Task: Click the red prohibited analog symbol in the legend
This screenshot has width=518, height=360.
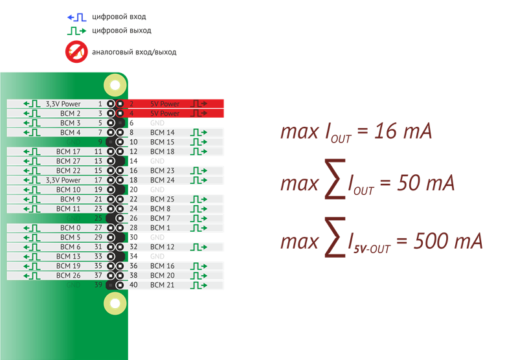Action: (x=76, y=52)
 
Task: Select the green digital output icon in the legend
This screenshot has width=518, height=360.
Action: (x=77, y=30)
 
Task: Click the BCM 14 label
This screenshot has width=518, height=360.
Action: (x=162, y=132)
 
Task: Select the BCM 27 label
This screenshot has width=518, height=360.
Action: (x=68, y=161)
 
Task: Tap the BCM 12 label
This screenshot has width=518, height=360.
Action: (x=162, y=247)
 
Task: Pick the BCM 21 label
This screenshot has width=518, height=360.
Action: (x=162, y=285)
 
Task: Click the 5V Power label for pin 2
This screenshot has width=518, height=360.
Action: (x=164, y=104)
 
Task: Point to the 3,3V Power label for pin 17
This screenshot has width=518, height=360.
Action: (x=63, y=180)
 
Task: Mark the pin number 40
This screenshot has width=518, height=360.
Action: (x=134, y=285)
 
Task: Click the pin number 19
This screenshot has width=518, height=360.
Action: (x=98, y=190)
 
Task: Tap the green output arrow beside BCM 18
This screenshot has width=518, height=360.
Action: (x=198, y=152)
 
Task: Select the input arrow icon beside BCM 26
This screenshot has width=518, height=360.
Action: (x=31, y=276)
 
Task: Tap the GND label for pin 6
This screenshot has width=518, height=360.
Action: (x=157, y=122)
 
